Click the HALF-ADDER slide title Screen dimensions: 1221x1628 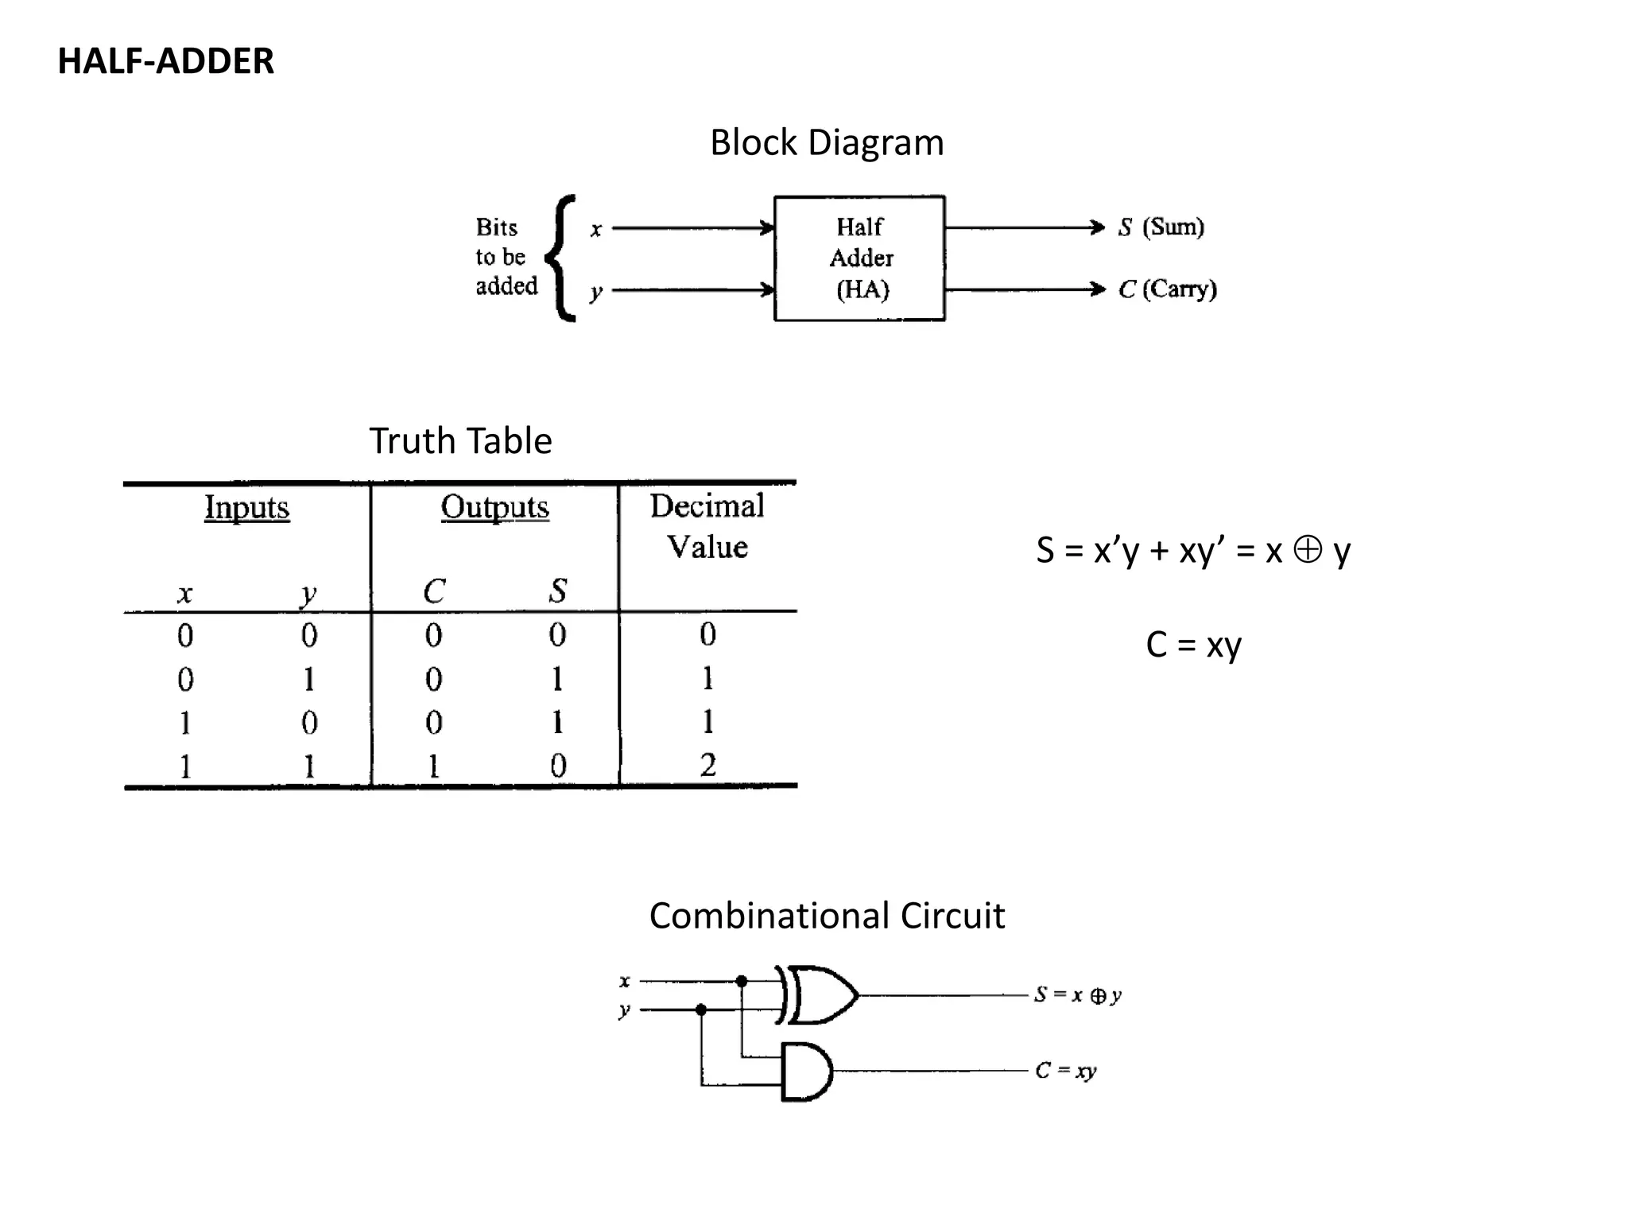[165, 61]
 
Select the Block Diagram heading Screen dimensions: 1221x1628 [827, 143]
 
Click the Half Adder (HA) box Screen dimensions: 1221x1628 [859, 258]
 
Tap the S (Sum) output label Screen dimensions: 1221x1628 [1161, 227]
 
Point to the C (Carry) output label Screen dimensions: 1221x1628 [1167, 289]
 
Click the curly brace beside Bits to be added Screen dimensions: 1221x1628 [562, 258]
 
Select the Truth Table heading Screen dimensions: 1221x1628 [460, 441]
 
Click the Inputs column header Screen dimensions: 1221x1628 [246, 507]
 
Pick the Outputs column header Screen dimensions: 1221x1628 [494, 507]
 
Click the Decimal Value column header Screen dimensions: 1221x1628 [707, 526]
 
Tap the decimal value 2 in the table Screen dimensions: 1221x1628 [707, 765]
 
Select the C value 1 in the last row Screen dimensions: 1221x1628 [433, 766]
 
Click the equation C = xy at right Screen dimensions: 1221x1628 [1192, 645]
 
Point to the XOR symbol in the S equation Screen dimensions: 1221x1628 [1307, 549]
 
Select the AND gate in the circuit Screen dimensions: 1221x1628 [806, 1072]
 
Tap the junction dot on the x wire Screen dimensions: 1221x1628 [742, 981]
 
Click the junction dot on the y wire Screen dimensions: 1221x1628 [701, 1010]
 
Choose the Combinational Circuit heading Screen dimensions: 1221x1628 [827, 916]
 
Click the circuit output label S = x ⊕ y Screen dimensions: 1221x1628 [1077, 995]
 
